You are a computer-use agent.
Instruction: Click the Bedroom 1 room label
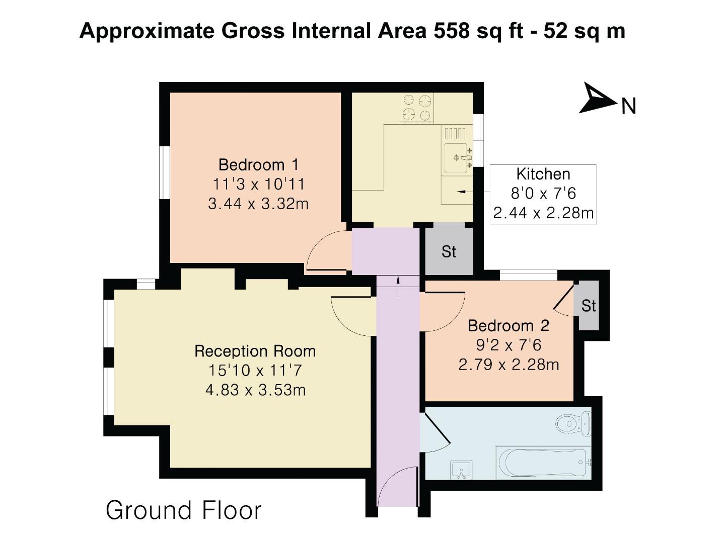pos(258,165)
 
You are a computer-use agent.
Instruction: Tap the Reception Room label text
pos(255,351)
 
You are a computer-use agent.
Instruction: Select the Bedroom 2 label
pos(509,326)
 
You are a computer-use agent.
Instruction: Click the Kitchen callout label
pos(543,174)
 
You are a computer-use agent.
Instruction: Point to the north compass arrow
pos(597,100)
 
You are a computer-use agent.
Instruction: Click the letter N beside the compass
pos(629,106)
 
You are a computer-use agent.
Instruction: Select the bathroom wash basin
pos(461,470)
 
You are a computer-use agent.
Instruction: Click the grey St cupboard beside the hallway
pos(449,251)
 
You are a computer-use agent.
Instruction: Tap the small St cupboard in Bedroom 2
pos(588,306)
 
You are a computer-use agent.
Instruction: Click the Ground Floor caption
pos(184,510)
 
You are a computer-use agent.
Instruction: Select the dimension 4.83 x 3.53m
pos(256,390)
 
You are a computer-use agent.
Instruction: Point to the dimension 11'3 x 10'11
pos(258,185)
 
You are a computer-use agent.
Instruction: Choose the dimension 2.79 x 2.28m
pos(509,364)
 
